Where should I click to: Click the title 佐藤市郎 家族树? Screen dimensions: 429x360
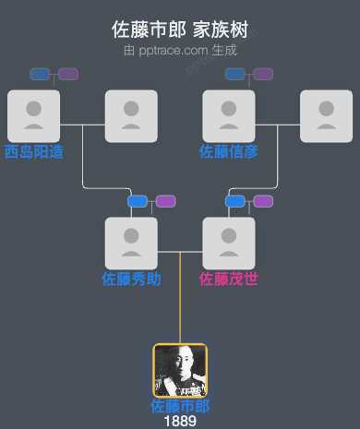pyautogui.click(x=180, y=30)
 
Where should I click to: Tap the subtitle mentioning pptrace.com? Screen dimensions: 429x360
pyautogui.click(x=180, y=50)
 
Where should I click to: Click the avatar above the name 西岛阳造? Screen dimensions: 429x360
pyautogui.click(x=33, y=115)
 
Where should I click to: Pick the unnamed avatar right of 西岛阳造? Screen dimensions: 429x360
pyautogui.click(x=131, y=115)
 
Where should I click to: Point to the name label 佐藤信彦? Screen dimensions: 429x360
pyautogui.click(x=229, y=150)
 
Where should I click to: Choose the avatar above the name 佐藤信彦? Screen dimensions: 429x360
pyautogui.click(x=229, y=115)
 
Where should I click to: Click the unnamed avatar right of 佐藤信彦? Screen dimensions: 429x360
pyautogui.click(x=327, y=115)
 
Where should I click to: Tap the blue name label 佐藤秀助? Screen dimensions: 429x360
pyautogui.click(x=131, y=278)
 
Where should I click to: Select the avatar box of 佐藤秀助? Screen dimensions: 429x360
pyautogui.click(x=131, y=243)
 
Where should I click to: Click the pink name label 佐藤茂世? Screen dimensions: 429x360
pyautogui.click(x=229, y=278)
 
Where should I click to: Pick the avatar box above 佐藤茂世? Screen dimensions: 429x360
pyautogui.click(x=229, y=243)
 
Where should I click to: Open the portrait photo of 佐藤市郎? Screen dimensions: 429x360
pyautogui.click(x=180, y=370)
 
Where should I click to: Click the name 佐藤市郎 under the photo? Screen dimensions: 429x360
pyautogui.click(x=180, y=406)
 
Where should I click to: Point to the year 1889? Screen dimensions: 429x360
pyautogui.click(x=180, y=421)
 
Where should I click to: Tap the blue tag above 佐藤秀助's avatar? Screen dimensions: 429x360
pyautogui.click(x=138, y=201)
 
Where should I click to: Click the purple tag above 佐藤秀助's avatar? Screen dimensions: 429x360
pyautogui.click(x=165, y=201)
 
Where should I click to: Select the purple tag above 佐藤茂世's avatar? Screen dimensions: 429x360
pyautogui.click(x=263, y=201)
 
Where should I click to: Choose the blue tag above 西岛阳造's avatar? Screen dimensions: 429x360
pyautogui.click(x=40, y=74)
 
